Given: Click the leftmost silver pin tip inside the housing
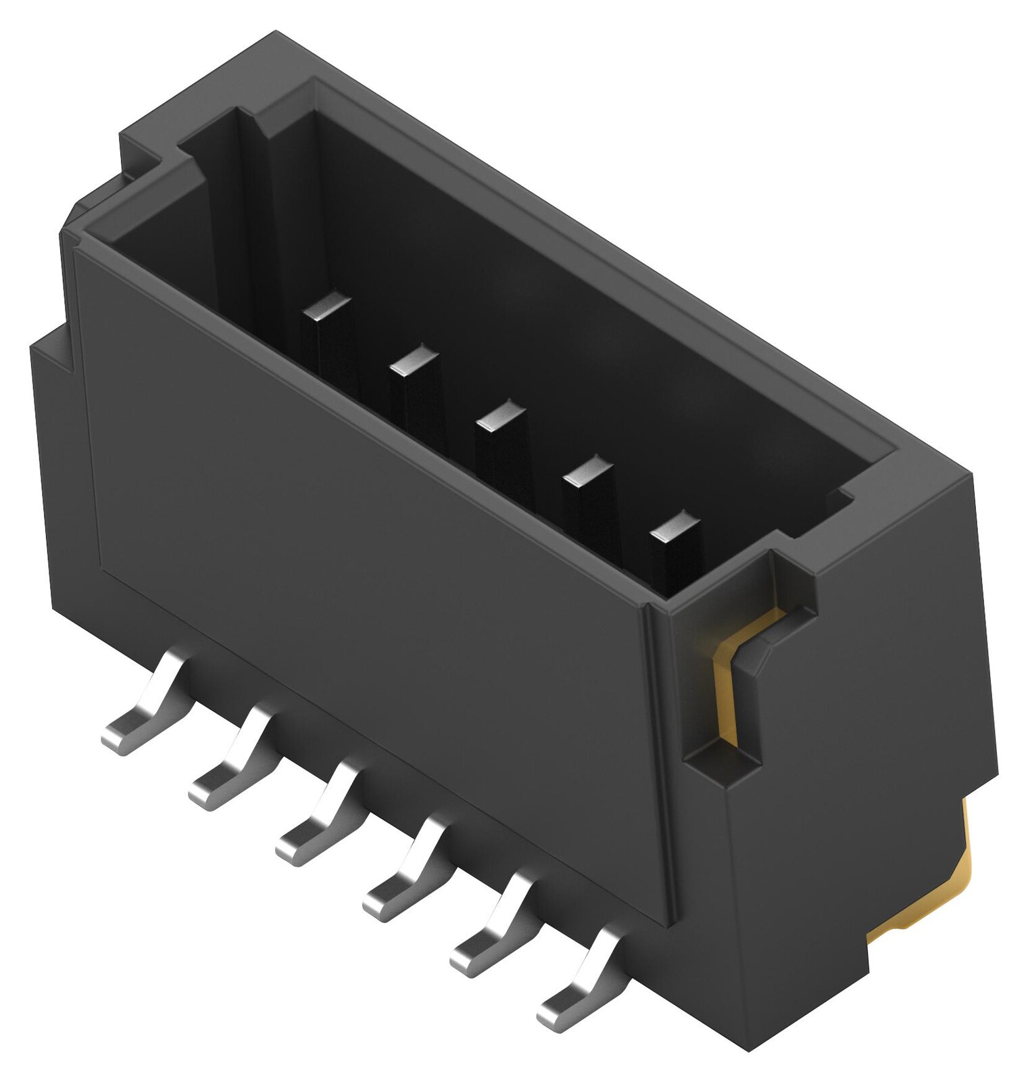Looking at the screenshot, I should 327,307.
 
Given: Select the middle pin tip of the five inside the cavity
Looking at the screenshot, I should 500,415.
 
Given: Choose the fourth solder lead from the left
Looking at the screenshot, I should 399,883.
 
